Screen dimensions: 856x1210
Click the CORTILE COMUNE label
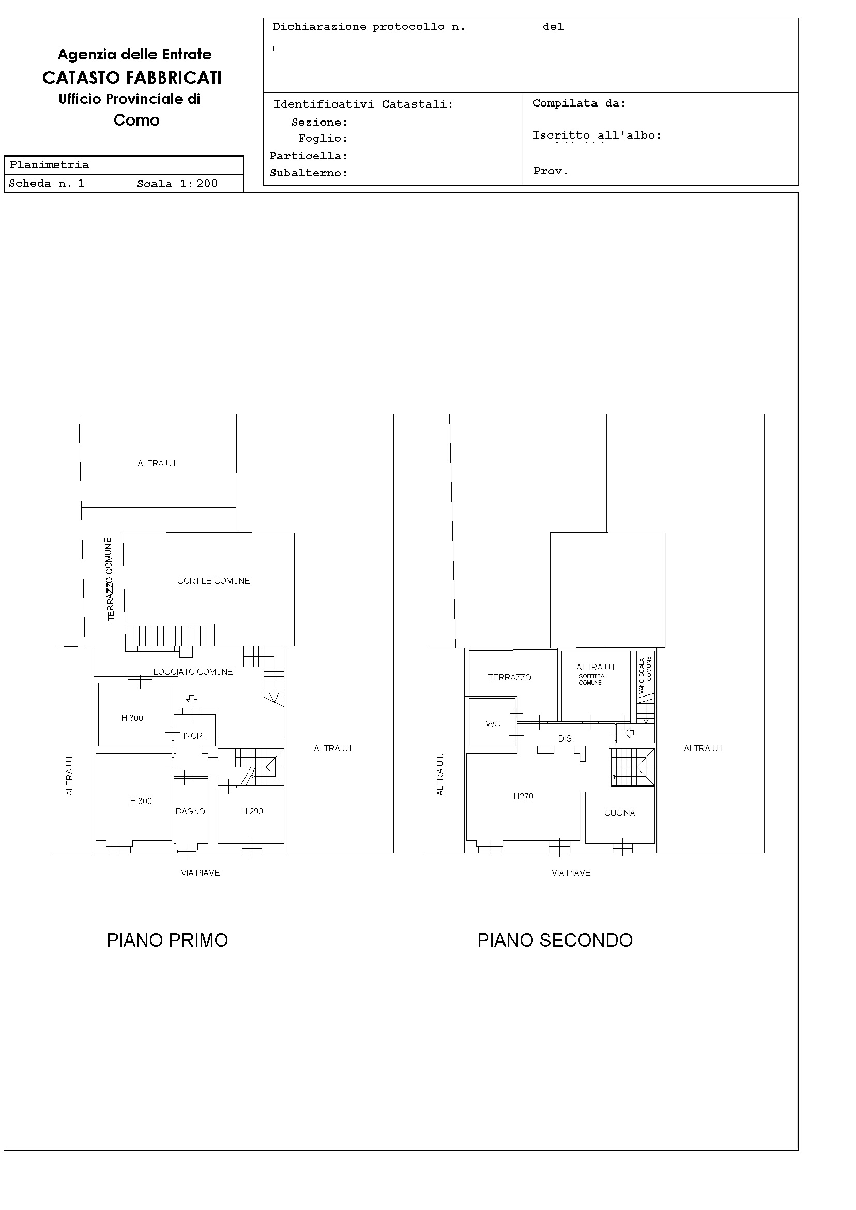coord(213,581)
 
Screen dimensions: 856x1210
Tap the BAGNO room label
coord(190,811)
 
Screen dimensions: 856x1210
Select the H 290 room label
coord(252,811)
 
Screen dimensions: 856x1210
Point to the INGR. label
coord(193,736)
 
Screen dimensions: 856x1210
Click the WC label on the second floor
coord(493,724)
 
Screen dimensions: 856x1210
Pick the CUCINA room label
coord(619,813)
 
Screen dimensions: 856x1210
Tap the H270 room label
coord(524,797)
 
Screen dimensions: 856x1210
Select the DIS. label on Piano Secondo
coord(565,738)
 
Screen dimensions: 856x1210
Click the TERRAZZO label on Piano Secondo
coord(510,677)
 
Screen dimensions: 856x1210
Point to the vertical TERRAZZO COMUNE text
coord(110,579)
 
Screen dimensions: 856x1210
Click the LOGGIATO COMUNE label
coord(193,672)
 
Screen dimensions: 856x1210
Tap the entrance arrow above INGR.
coord(192,700)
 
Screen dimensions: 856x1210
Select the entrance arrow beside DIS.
coord(629,732)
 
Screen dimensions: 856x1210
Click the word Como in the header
coord(136,120)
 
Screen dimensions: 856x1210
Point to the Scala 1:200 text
coord(177,184)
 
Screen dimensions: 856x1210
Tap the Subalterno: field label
coord(309,173)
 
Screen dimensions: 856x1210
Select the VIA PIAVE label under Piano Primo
coord(200,873)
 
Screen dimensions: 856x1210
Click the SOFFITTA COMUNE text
coord(591,679)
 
